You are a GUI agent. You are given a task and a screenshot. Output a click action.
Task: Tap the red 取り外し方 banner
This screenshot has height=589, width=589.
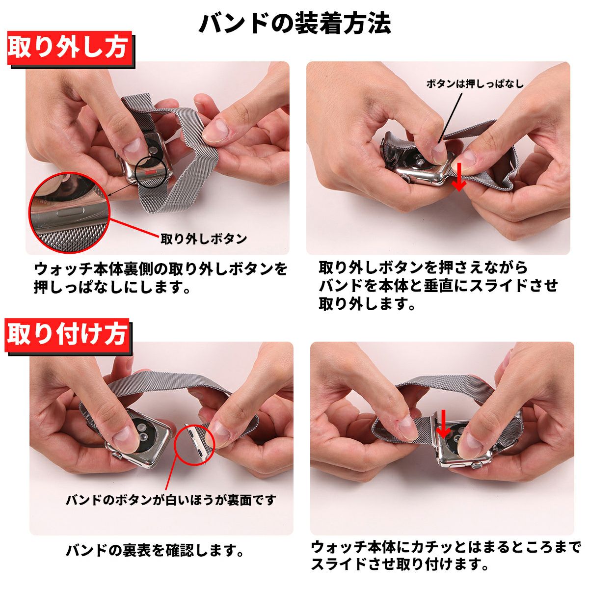coord(70,48)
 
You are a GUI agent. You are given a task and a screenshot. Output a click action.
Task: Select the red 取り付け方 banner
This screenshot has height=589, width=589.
coord(67,335)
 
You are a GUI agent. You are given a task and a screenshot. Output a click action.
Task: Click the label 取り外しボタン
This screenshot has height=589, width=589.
coord(204,239)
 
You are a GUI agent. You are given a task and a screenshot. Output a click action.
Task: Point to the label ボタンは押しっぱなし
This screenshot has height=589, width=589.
coord(475,83)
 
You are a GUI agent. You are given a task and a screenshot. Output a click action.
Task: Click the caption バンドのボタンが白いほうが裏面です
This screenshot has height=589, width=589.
coord(170,500)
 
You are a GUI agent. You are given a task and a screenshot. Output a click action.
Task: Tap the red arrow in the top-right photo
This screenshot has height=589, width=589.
coord(459,177)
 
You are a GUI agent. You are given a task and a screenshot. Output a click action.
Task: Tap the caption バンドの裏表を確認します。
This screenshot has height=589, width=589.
coord(155,550)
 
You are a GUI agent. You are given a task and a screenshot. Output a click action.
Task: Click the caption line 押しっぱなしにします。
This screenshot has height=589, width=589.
coord(112,287)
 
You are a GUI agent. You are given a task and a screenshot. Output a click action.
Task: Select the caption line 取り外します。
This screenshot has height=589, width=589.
coord(367,303)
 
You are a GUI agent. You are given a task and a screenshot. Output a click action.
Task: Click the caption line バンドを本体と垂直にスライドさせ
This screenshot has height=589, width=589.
coord(438,286)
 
